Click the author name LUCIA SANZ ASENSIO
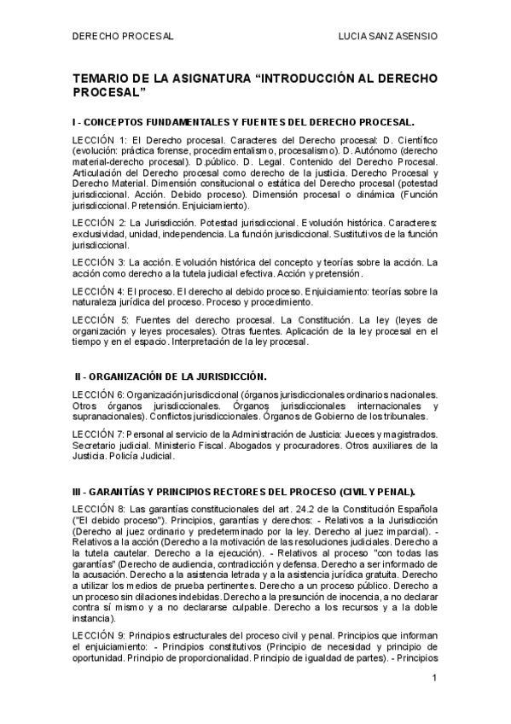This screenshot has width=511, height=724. [x=388, y=37]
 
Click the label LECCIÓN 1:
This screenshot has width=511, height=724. [x=100, y=139]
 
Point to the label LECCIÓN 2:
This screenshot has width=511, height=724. [x=100, y=222]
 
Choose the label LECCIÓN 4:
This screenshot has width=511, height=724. [x=100, y=290]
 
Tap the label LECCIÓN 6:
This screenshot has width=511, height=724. [x=100, y=394]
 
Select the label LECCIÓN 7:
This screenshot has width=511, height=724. [x=100, y=435]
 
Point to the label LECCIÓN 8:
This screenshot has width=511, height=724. [x=100, y=510]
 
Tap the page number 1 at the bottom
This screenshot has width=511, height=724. [x=435, y=679]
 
